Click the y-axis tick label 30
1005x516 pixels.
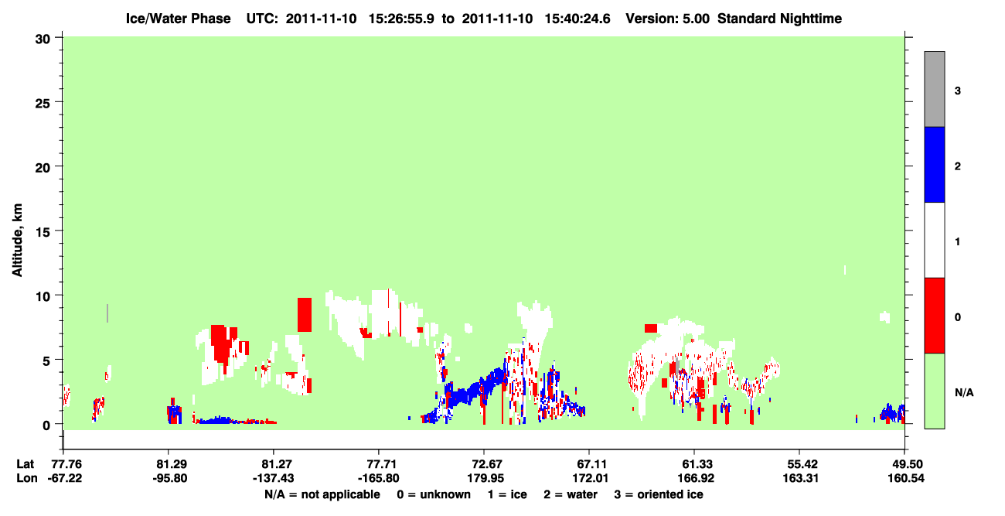coord(43,39)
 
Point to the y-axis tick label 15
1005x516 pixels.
coord(43,231)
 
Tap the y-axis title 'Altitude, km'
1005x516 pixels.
coord(17,241)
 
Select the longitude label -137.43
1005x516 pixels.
coord(273,478)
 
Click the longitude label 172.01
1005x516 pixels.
coord(591,478)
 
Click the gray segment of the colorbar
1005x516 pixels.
coord(935,89)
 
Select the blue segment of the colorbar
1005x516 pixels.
coord(935,164)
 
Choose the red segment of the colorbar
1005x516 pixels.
coord(935,316)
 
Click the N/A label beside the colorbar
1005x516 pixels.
coord(964,392)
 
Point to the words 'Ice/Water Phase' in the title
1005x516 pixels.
coord(178,19)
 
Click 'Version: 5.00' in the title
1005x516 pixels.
coord(668,19)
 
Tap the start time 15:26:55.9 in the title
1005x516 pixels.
coord(401,19)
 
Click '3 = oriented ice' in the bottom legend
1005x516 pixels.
coord(659,494)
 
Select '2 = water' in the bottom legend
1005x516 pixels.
coord(571,494)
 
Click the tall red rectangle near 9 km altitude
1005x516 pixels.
coord(305,315)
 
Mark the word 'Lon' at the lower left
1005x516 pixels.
coord(27,478)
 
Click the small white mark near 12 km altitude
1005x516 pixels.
coord(845,270)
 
